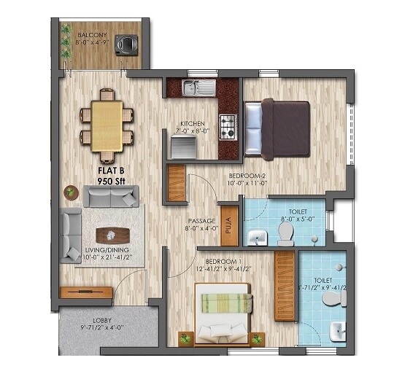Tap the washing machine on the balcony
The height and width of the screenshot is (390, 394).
[131, 45]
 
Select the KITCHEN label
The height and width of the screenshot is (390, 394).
[193, 124]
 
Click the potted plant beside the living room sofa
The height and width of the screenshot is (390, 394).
[71, 192]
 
